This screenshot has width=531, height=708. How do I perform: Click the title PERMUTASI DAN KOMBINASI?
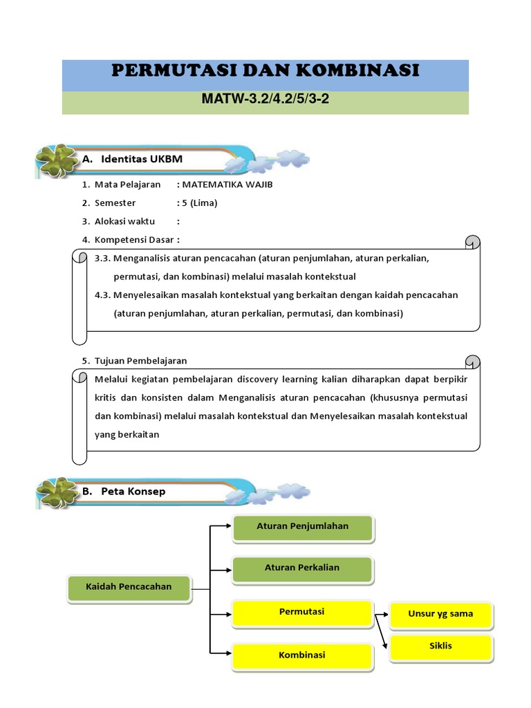coord(265,71)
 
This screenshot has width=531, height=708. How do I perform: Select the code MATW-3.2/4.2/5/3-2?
coord(265,98)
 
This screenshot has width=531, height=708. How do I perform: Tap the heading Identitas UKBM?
coord(141,159)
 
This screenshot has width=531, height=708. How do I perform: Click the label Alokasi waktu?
coord(124,221)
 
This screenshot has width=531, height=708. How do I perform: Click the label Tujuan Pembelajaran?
coord(140,361)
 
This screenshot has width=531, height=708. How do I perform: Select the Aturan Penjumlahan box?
coord(302,527)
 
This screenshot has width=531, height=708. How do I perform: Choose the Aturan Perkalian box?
coord(302,568)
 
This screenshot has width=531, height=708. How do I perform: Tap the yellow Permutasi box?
coord(301,612)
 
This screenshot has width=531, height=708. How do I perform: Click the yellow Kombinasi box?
coord(301,655)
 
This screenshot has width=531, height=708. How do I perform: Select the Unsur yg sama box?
coord(440,614)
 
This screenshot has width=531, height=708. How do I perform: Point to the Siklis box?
coord(440,646)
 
